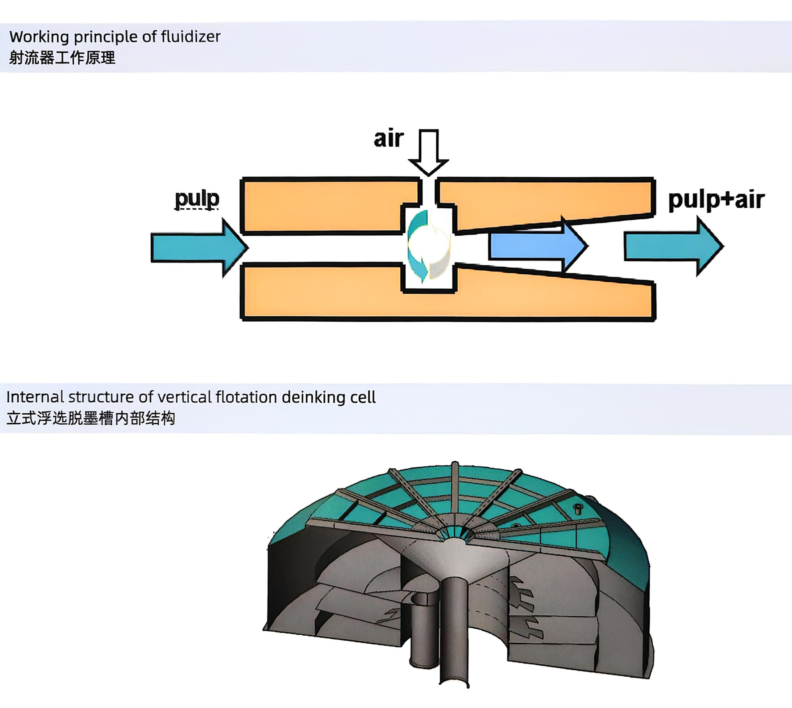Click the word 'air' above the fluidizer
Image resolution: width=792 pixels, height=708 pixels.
coord(388,139)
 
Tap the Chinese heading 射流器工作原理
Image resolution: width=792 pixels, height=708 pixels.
coord(62,58)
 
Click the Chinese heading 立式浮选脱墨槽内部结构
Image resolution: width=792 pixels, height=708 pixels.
coord(91,418)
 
